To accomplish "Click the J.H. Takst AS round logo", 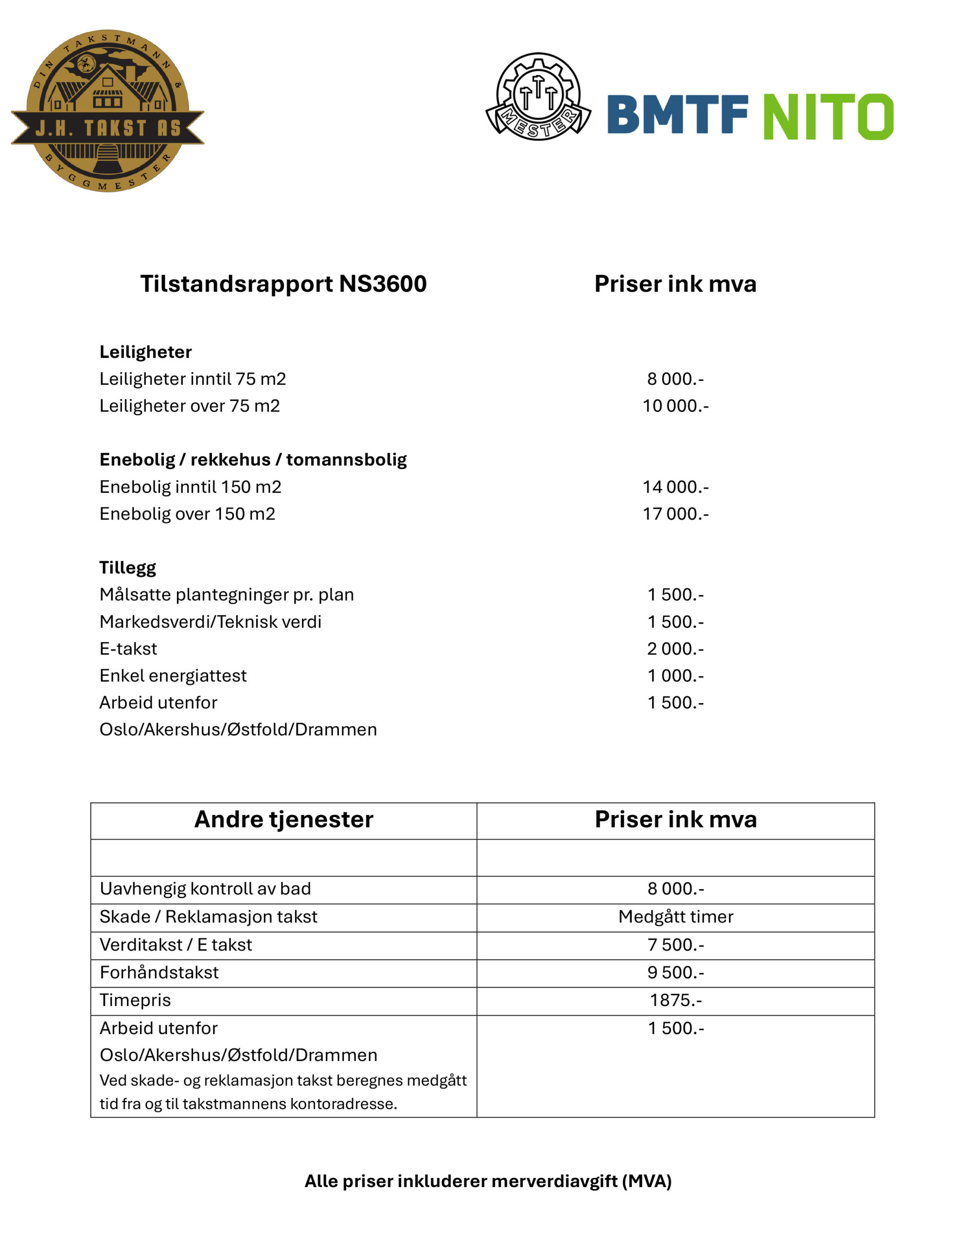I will coord(107,111).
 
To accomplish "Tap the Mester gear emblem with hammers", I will coord(538,97).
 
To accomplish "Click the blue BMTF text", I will coord(677,115).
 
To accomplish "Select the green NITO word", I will coord(828,116).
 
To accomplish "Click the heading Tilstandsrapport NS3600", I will coord(283,284).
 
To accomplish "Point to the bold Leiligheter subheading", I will coord(145,352).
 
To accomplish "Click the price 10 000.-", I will coord(675,406).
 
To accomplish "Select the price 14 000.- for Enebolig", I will coord(675,487).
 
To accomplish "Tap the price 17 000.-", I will coord(675,514).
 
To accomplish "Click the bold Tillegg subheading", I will coord(128,568).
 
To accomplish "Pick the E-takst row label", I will coord(128,649).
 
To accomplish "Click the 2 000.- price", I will coord(675,649).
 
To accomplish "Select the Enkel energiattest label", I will coord(173,675).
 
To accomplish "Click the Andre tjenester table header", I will coord(283,819).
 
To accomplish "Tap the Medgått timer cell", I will coord(675,916).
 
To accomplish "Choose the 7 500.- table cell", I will coord(675,944).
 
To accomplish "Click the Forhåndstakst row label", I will coord(159,972).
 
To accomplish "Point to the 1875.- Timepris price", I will coord(675,1000).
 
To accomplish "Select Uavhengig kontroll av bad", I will coord(205,889).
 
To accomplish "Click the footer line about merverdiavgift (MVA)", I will coord(488,1181).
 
